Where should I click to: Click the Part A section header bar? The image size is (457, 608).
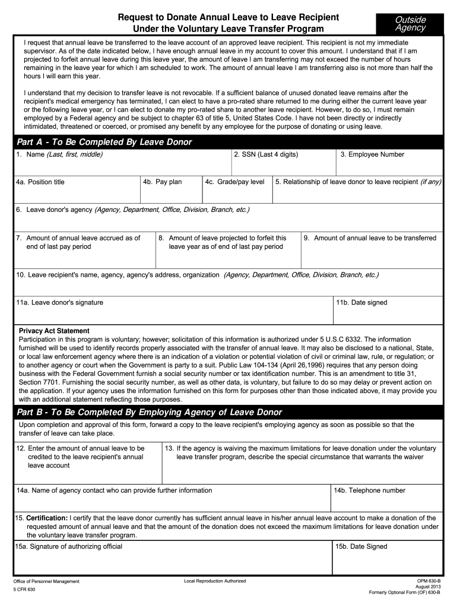[x=228, y=142]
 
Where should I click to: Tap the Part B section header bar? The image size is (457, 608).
[x=228, y=412]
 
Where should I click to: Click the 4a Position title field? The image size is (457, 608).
[x=76, y=189]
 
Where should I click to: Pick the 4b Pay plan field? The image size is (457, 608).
[x=170, y=189]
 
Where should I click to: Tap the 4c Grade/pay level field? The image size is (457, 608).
[x=236, y=189]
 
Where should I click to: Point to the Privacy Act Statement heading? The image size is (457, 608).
[x=54, y=331]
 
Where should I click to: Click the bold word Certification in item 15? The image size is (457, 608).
[x=47, y=518]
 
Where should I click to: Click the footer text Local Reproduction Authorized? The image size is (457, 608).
[x=215, y=580]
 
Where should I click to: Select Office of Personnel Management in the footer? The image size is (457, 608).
[x=46, y=581]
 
